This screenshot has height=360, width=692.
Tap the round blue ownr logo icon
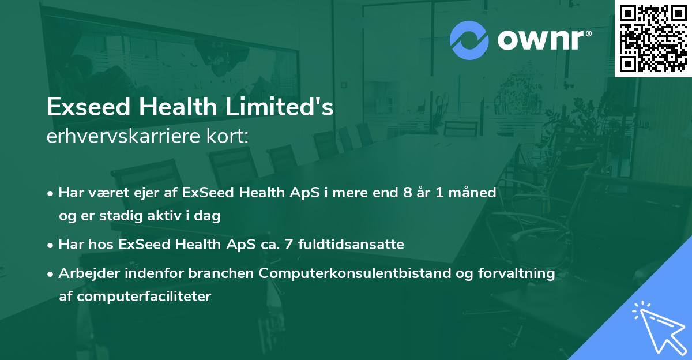pos(469,40)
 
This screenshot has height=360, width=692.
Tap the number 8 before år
pos(408,193)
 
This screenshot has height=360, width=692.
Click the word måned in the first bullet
pos(474,193)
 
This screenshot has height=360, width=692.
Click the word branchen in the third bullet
pos(228,273)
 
